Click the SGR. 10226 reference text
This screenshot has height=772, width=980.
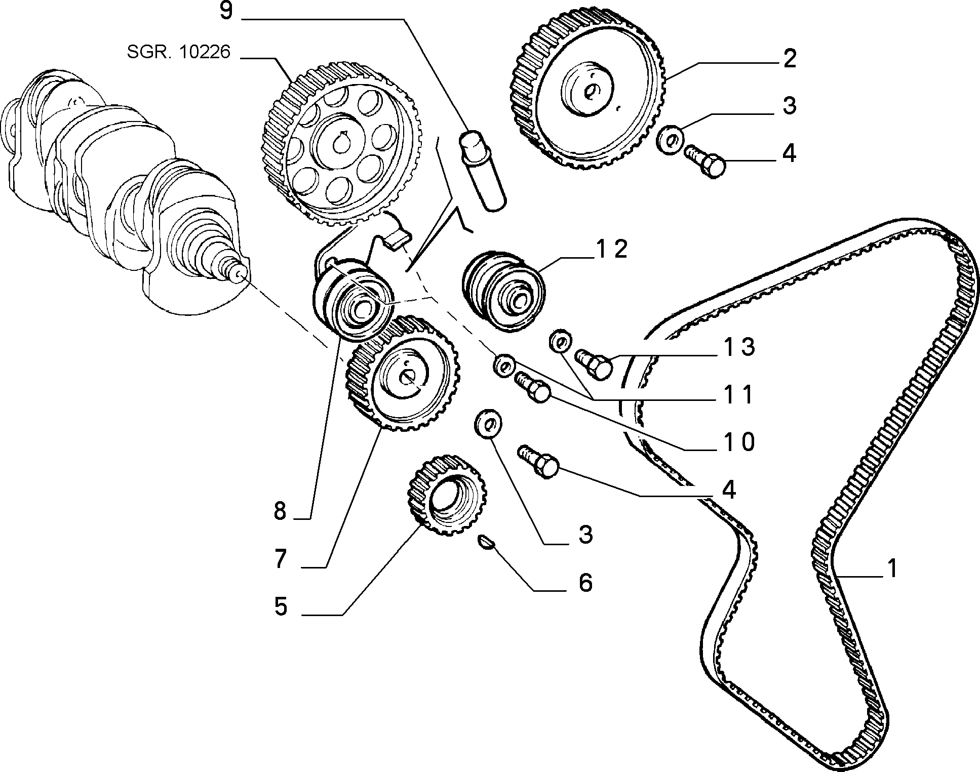point(179,52)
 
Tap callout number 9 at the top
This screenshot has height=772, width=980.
point(226,11)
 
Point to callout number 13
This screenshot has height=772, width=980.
point(739,347)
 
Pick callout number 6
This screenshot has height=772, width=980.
point(585,583)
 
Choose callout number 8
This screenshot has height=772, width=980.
point(280,511)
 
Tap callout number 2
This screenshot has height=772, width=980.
point(789,59)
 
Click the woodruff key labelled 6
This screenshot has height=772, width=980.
point(486,542)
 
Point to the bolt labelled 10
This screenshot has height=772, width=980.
point(533,387)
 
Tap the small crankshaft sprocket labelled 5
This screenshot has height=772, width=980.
point(447,494)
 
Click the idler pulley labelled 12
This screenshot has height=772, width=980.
point(503,291)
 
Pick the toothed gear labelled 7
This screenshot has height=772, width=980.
point(403,373)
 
